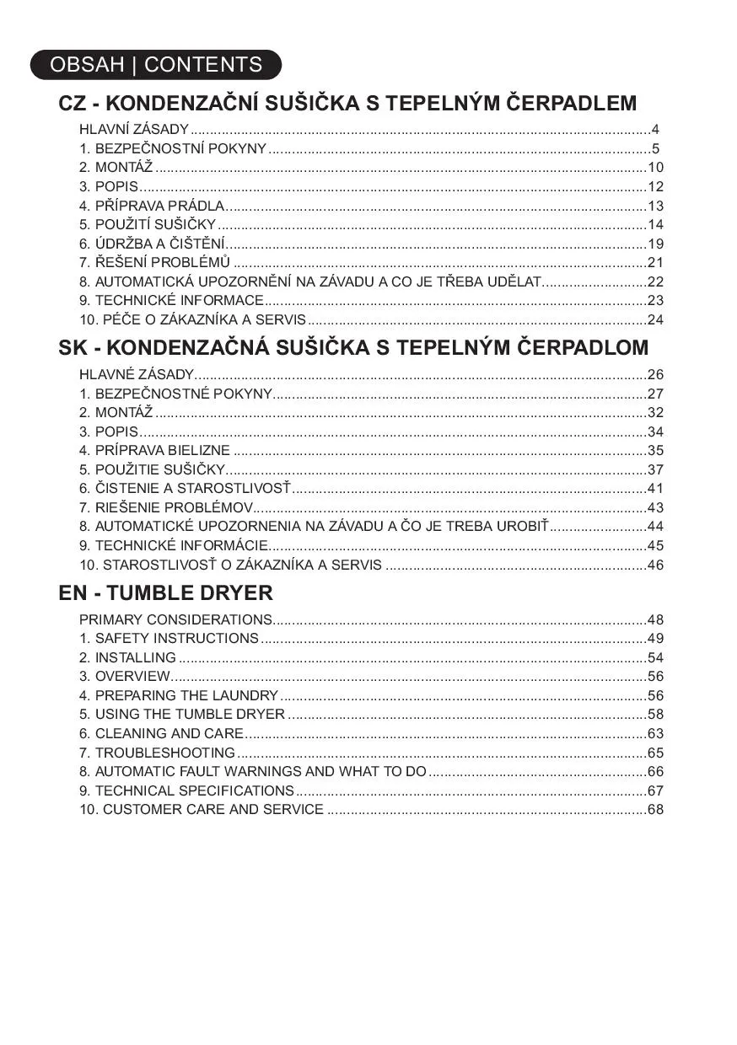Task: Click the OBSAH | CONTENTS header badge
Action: (x=156, y=65)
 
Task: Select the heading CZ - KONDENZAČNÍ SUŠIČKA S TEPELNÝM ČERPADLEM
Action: (x=347, y=104)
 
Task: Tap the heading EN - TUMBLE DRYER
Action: (x=165, y=592)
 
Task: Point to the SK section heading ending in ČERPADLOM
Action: (x=353, y=347)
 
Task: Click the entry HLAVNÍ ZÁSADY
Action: (x=134, y=130)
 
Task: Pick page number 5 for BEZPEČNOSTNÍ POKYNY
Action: (x=655, y=149)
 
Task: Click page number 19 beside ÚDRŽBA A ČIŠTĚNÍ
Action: (x=655, y=244)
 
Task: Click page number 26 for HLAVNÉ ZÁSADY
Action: (x=655, y=374)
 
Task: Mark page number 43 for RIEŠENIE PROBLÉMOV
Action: (x=655, y=507)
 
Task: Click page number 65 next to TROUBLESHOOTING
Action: (x=655, y=753)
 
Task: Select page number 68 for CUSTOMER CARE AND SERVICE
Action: (x=655, y=809)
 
